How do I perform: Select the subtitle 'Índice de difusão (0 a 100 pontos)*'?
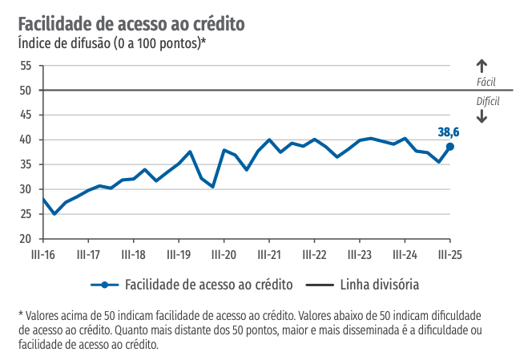[x=111, y=43]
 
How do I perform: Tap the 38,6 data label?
[x=449, y=131]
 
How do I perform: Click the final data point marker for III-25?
[x=450, y=147]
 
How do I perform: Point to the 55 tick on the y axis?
[x=26, y=66]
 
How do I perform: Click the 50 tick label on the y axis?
[x=26, y=91]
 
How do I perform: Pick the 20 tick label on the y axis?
[x=26, y=239]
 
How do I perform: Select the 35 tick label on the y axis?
[x=26, y=165]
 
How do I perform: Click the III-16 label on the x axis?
[x=42, y=255]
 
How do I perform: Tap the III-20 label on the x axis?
[x=224, y=255]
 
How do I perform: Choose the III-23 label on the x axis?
[x=359, y=255]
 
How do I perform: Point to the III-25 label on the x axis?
[x=449, y=255]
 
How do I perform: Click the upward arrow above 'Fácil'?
[x=482, y=67]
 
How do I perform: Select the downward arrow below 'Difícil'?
[x=482, y=115]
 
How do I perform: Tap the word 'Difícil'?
[x=487, y=101]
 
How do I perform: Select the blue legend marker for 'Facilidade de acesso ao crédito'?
[x=103, y=285]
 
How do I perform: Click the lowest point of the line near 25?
[x=54, y=214]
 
